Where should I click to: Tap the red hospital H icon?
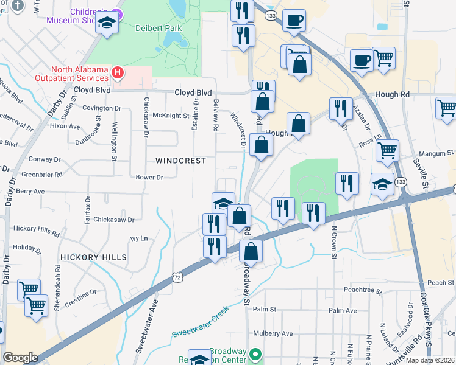coord(118,74)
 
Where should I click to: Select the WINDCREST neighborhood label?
coord(180,161)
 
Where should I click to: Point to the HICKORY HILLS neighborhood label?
coord(94,257)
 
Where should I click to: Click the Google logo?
coord(20,357)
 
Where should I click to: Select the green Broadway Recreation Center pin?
coord(256,353)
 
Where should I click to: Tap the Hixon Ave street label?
coord(65,126)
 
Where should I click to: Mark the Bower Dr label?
coord(149,178)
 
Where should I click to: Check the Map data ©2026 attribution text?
coord(430,360)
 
